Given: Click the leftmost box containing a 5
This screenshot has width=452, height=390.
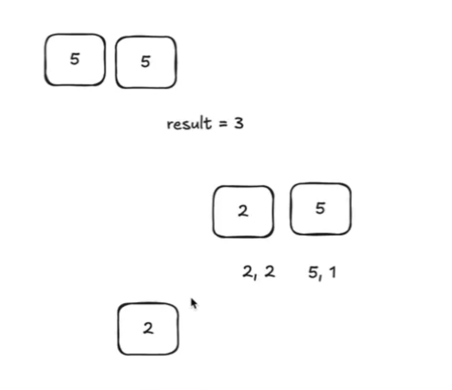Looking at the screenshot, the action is (x=75, y=60).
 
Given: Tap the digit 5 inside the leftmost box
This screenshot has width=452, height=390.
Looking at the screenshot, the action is (x=74, y=59).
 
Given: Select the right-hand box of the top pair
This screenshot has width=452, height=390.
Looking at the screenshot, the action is (x=146, y=62).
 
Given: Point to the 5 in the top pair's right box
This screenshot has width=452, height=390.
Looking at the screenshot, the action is (x=145, y=62).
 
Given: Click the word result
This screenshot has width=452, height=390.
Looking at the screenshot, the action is (x=189, y=124).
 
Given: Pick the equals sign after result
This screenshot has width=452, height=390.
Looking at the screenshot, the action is (x=223, y=124).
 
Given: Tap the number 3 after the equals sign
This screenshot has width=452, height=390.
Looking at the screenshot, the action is (x=238, y=124).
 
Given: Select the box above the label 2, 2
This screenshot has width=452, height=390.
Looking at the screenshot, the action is (x=243, y=212).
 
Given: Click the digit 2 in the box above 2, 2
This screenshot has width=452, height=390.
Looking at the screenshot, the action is (x=243, y=211).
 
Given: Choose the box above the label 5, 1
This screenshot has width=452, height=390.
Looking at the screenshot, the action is (x=320, y=209).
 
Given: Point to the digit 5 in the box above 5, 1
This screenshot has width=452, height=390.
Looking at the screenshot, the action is (x=320, y=208).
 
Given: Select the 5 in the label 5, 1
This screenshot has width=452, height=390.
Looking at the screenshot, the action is (x=313, y=273).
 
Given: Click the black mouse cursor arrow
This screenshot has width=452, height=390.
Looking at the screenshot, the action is (x=193, y=303).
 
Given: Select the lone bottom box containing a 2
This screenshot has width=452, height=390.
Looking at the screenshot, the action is (x=148, y=329).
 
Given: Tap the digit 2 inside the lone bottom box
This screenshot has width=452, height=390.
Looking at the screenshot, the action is (x=148, y=329).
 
